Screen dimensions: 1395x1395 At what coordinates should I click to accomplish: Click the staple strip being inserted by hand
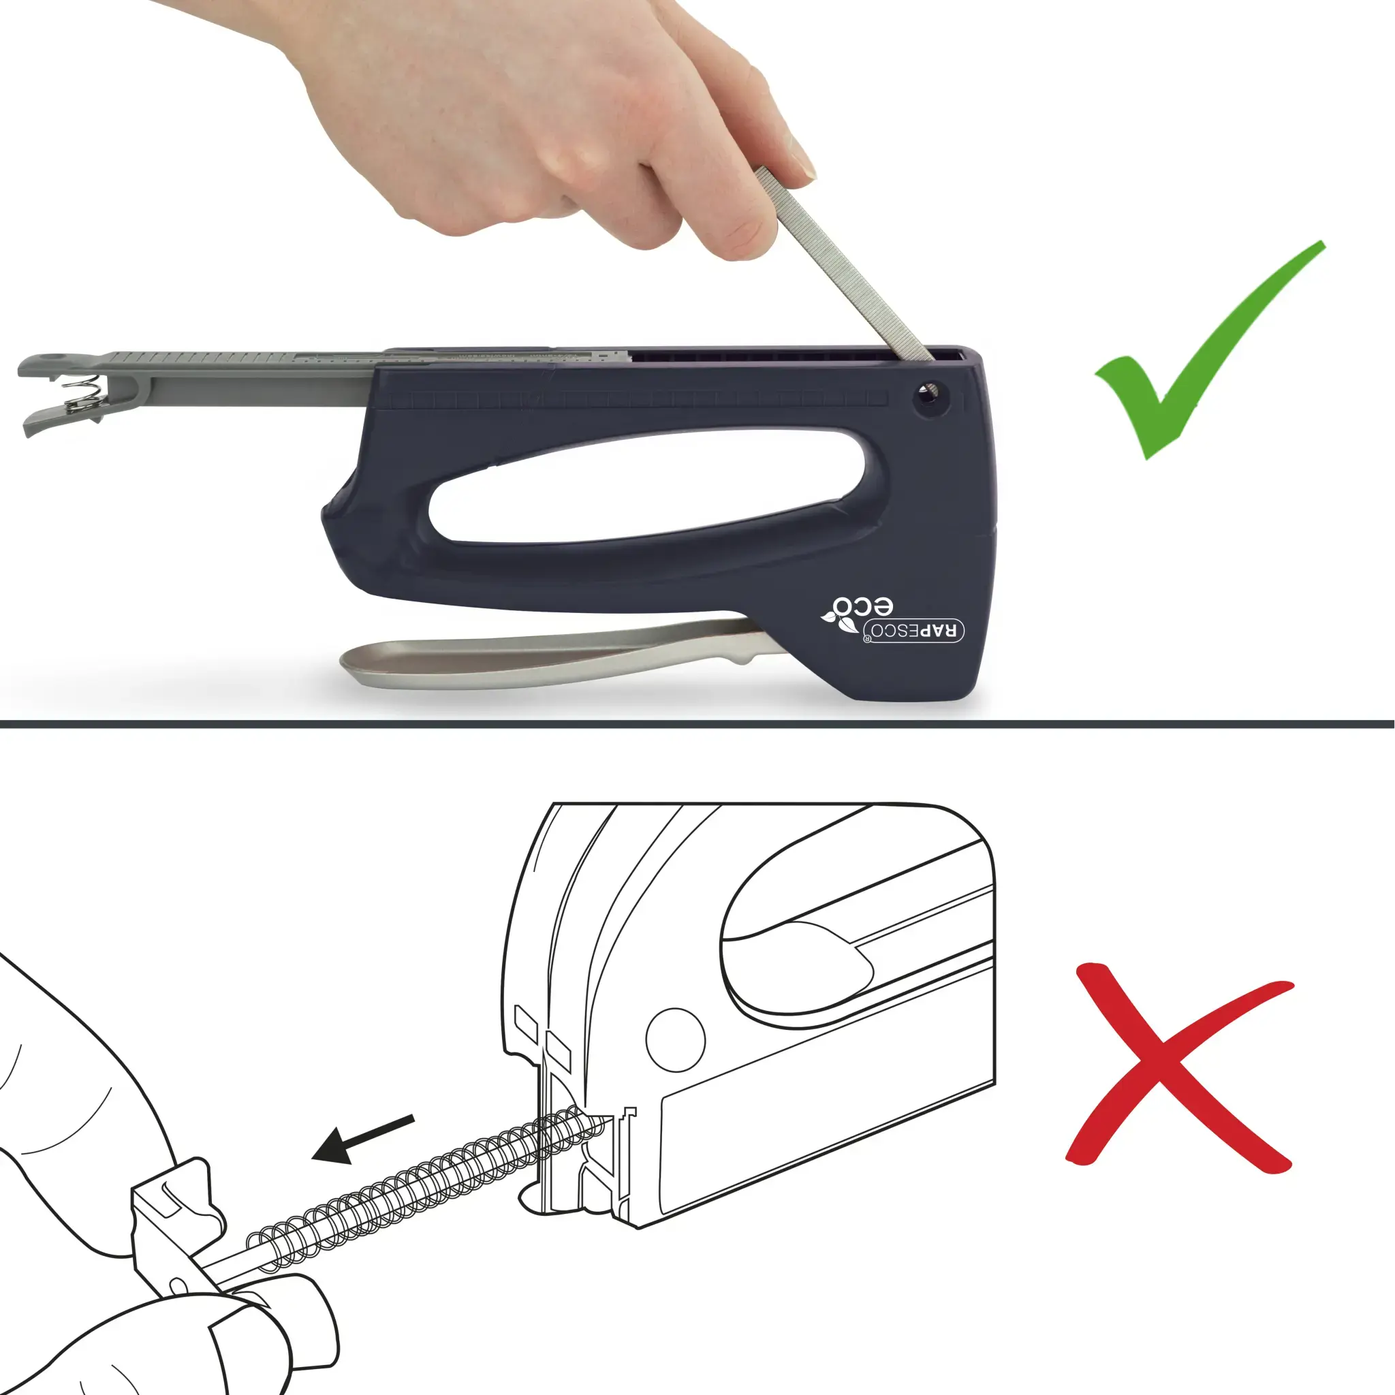pyautogui.click(x=842, y=263)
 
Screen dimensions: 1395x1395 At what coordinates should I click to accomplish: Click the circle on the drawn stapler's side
pyautogui.click(x=675, y=1039)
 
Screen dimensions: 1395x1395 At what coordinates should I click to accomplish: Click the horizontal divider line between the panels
pyautogui.click(x=697, y=724)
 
